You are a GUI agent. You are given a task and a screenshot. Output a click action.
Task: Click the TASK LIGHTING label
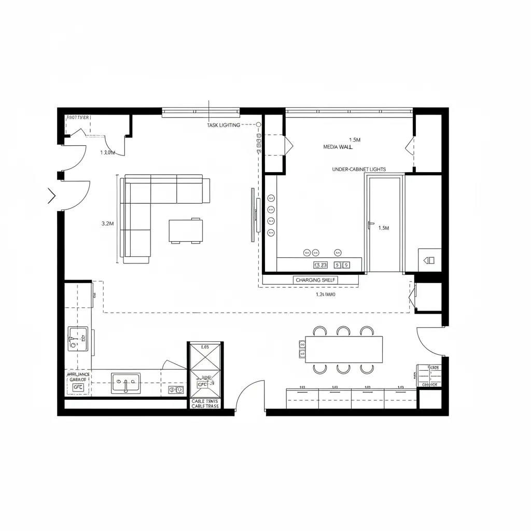click(223, 125)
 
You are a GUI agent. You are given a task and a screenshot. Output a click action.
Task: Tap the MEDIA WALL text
click(338, 147)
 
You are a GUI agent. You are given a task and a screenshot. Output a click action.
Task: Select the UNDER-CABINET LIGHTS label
click(358, 170)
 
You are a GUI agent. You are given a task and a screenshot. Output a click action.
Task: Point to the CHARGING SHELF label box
click(316, 280)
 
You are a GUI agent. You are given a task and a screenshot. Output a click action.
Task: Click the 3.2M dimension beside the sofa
click(106, 223)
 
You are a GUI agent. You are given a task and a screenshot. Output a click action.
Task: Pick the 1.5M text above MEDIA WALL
click(355, 140)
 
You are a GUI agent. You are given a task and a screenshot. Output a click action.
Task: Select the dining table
click(344, 349)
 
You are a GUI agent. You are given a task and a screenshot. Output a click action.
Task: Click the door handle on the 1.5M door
click(370, 225)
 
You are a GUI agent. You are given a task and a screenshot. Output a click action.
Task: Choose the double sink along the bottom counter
click(125, 383)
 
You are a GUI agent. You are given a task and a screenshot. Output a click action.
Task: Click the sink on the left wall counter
click(78, 339)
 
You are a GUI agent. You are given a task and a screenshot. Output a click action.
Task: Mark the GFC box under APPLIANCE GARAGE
click(78, 387)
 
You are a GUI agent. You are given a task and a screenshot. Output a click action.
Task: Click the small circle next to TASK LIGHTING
click(258, 125)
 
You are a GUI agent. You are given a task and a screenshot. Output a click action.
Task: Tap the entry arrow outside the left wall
click(51, 195)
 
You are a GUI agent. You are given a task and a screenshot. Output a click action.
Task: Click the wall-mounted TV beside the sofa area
click(253, 214)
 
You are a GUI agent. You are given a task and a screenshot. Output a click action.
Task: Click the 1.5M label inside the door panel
click(384, 228)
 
